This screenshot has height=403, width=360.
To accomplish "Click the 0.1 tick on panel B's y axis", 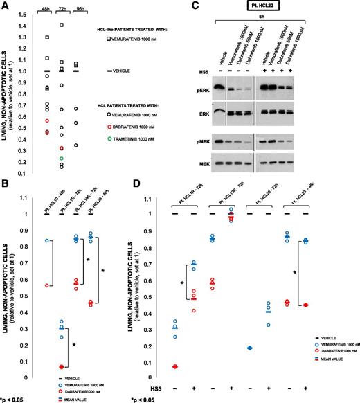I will point(26,361).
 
